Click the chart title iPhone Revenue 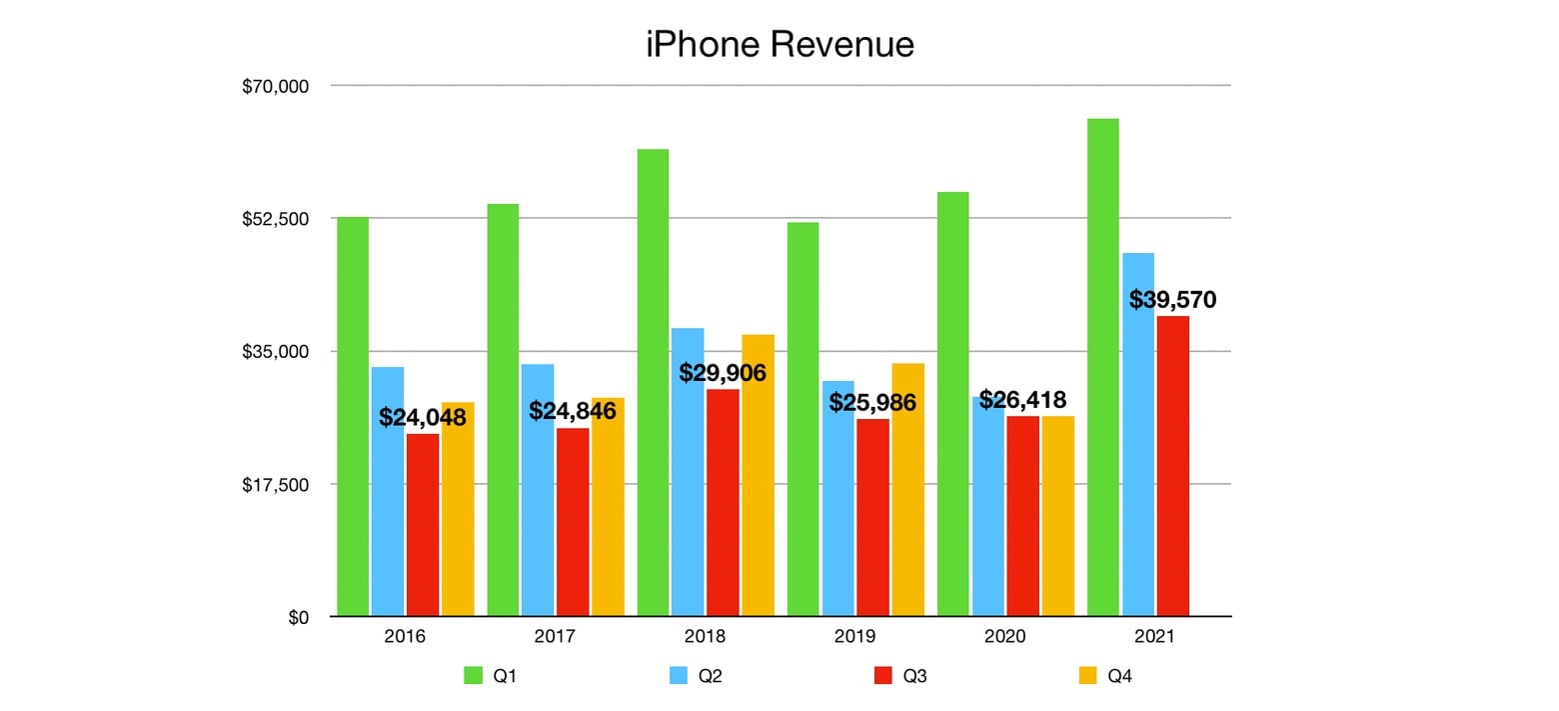coord(779,44)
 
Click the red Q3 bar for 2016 coord(423,525)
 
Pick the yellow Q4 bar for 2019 coord(907,490)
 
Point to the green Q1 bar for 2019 coord(802,419)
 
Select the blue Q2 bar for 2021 coord(1138,434)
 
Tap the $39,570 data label coord(1172,299)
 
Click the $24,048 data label coord(422,417)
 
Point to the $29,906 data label coord(723,373)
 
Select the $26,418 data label coord(1022,400)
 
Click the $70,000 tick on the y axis coord(277,87)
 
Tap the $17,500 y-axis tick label coord(277,485)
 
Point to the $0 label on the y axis coord(297,618)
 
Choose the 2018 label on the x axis coord(705,637)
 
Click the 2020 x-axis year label coord(1004,637)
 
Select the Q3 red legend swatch coord(882,676)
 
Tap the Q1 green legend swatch coord(474,676)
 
